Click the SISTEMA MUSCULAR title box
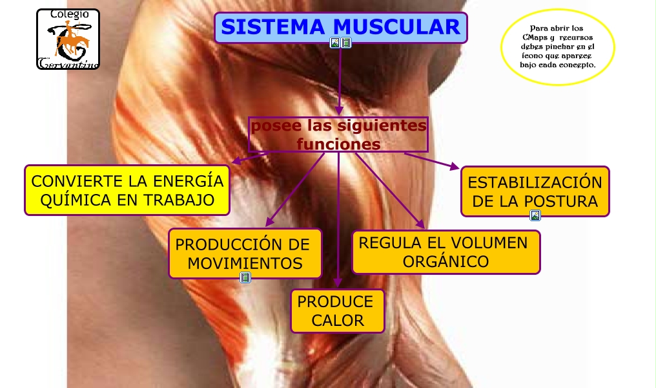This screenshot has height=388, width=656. [340, 27]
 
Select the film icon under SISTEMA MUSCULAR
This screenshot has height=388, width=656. [346, 43]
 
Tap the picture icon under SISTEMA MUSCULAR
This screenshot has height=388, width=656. [334, 43]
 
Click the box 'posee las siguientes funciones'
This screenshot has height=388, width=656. [338, 135]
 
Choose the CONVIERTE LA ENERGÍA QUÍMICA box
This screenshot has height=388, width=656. [127, 190]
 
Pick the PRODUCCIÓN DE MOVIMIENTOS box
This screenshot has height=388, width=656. [245, 253]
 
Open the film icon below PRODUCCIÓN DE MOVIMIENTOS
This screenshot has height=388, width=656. [245, 277]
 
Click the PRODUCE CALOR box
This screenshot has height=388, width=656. [338, 311]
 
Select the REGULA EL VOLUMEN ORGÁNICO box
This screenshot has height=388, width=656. [446, 252]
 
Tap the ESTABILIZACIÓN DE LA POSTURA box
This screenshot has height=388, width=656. [535, 191]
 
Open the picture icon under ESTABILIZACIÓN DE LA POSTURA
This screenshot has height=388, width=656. [535, 216]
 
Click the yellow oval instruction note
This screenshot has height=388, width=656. [558, 47]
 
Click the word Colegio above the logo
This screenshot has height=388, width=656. [69, 14]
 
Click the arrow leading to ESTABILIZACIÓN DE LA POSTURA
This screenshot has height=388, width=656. [433, 161]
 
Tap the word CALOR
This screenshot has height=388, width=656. [338, 320]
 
